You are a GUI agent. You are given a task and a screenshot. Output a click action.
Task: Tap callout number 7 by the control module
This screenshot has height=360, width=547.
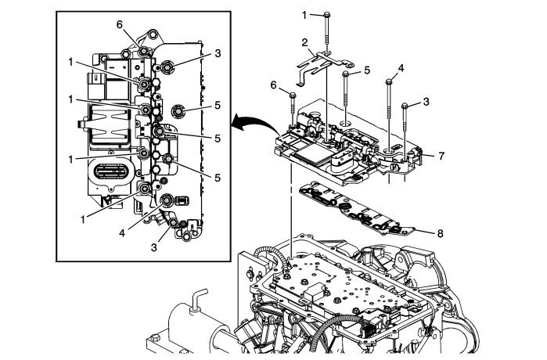[443, 156]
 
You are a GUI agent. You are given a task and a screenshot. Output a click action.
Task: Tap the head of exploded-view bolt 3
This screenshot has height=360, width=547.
[404, 105]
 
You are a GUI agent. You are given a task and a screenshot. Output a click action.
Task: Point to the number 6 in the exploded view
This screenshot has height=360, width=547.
[274, 84]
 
